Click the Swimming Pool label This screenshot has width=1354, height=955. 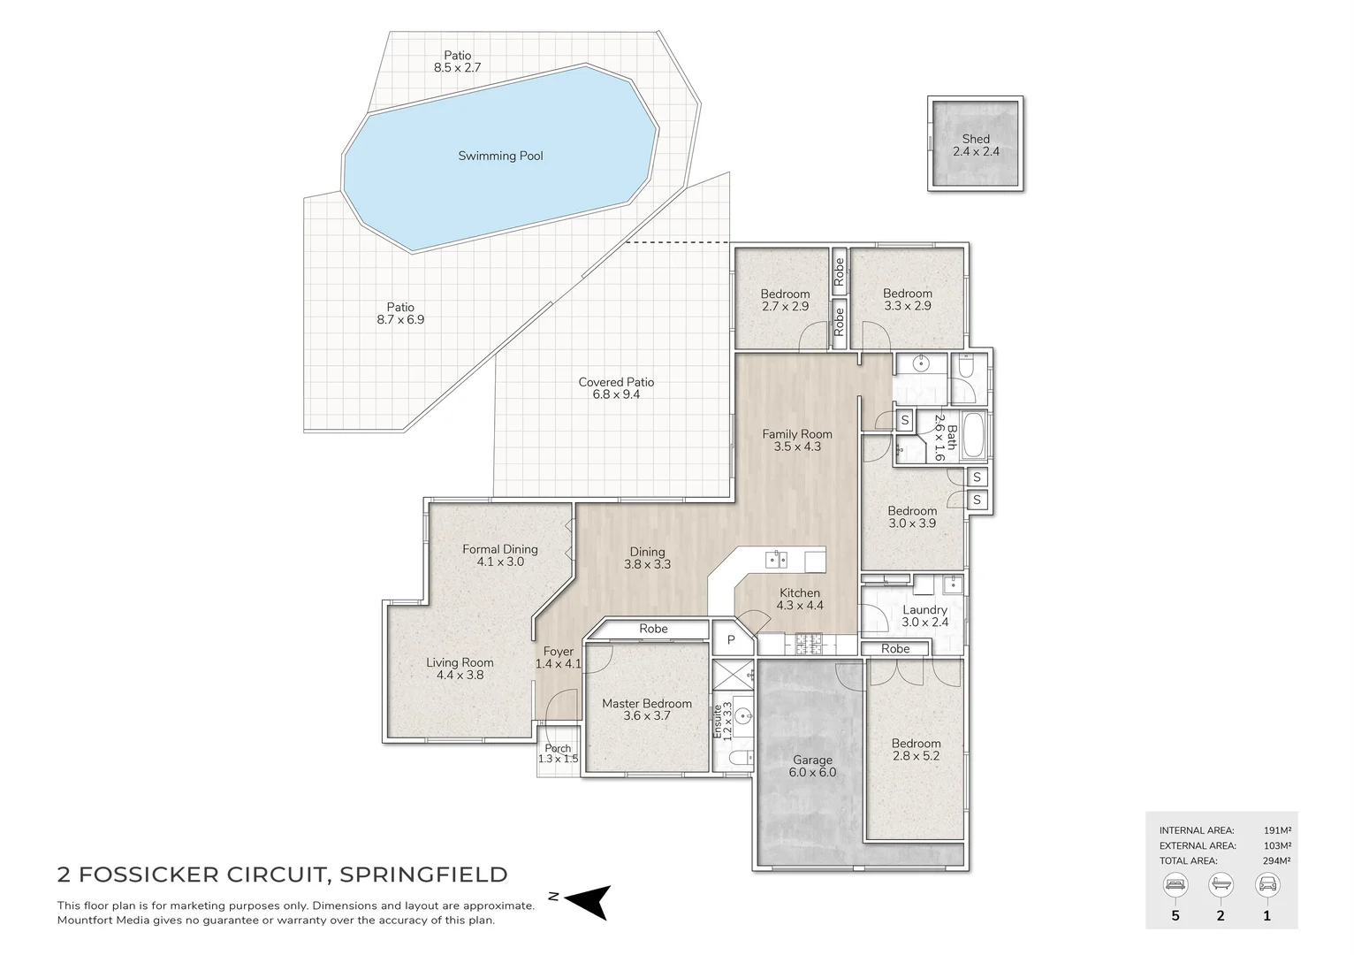500,157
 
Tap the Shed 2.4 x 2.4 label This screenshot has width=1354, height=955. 976,145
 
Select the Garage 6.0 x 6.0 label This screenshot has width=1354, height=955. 812,766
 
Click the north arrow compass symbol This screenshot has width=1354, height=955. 587,901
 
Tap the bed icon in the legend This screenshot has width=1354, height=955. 1175,884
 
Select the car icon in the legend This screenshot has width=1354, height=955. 1267,884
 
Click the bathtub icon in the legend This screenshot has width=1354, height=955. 1221,884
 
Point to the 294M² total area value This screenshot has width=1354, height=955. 1276,860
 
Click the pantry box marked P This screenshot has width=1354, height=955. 731,639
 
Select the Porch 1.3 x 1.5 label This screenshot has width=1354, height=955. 558,753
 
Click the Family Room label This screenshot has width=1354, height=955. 797,440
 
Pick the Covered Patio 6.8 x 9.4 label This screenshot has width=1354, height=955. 616,388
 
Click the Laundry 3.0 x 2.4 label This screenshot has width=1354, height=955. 924,615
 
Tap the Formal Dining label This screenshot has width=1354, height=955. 499,555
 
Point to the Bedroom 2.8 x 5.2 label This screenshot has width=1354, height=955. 916,750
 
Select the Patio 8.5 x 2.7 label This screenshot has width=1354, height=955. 457,61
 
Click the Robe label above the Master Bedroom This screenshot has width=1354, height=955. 653,629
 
